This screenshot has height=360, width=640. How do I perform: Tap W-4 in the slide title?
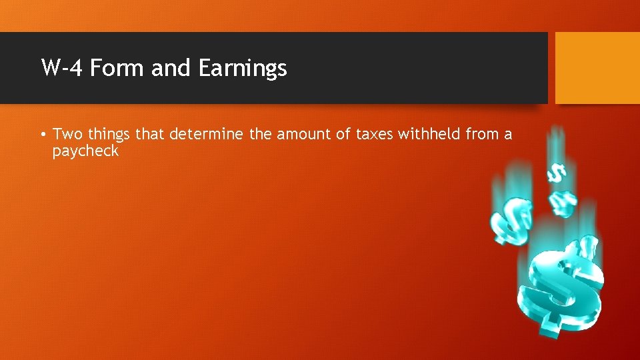[x=62, y=68]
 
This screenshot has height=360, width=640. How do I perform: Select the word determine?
[x=207, y=135]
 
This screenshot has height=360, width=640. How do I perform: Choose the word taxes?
[x=375, y=135]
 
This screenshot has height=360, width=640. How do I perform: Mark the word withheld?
[x=429, y=135]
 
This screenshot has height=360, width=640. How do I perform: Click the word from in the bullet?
[x=482, y=135]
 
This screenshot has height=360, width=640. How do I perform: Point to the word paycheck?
[x=86, y=151]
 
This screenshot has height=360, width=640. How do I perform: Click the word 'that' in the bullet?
[x=151, y=135]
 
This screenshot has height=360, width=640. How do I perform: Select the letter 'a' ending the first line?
[x=508, y=135]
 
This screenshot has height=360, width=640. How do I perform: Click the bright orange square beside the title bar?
[x=597, y=68]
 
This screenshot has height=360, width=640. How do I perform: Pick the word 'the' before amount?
[x=261, y=135]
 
